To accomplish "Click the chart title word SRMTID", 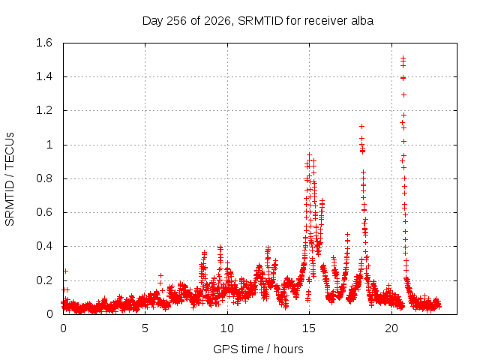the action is pyautogui.click(x=260, y=21).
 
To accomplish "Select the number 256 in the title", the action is pyautogui.click(x=176, y=21).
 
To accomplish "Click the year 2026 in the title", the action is pyautogui.click(x=217, y=21).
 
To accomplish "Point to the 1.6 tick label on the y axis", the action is pyautogui.click(x=44, y=43).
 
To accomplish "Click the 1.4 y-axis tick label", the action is pyautogui.click(x=44, y=76).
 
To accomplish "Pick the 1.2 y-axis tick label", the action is pyautogui.click(x=44, y=110).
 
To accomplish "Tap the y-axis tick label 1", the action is pyautogui.click(x=49, y=145).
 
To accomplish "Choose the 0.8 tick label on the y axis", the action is pyautogui.click(x=44, y=178).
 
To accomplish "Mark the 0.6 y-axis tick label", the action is pyautogui.click(x=44, y=212).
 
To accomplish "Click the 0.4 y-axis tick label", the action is pyautogui.click(x=44, y=246).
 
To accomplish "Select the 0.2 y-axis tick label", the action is pyautogui.click(x=44, y=280).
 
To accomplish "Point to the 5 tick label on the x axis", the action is pyautogui.click(x=145, y=328).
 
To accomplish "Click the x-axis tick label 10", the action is pyautogui.click(x=227, y=328).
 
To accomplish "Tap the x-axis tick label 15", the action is pyautogui.click(x=309, y=328).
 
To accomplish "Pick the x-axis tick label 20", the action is pyautogui.click(x=391, y=328).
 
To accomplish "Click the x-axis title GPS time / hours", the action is pyautogui.click(x=258, y=349).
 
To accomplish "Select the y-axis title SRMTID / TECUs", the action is pyautogui.click(x=10, y=179).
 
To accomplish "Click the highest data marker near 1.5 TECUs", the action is pyautogui.click(x=403, y=58).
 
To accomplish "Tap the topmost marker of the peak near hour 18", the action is pyautogui.click(x=361, y=127).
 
